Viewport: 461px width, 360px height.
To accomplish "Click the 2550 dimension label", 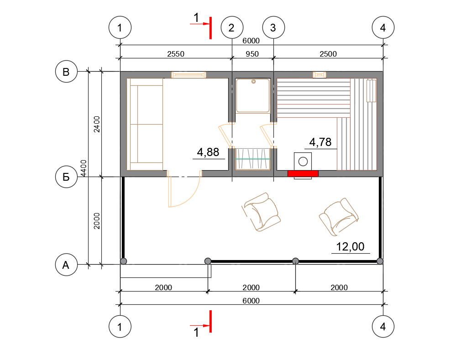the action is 176,54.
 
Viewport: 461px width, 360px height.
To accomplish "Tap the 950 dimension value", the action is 252,54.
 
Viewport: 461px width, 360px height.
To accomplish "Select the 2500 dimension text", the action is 328,54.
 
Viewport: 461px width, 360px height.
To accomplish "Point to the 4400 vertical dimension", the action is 84,168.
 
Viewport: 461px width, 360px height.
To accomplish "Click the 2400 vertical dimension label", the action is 97,124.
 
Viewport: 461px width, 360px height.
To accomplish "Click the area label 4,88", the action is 208,152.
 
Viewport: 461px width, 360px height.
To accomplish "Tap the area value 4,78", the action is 320,142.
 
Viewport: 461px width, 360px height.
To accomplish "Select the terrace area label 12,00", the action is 350,246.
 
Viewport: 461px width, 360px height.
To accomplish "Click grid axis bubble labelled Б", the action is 67,177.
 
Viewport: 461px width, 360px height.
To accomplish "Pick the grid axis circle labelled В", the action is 67,72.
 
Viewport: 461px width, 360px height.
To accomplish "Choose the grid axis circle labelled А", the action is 67,265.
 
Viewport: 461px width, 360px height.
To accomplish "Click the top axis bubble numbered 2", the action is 232,28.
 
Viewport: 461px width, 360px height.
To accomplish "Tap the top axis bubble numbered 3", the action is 273,28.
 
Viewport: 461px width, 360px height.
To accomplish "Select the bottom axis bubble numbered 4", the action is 383,327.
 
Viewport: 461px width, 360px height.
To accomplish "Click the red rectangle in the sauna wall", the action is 303,173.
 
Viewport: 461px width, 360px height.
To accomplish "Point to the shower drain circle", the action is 253,82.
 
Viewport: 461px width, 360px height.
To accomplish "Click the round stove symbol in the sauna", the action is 303,162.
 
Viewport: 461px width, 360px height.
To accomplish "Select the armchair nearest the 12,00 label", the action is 339,217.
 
